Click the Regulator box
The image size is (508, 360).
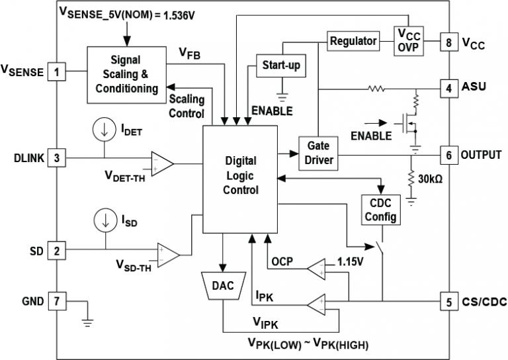(354, 41)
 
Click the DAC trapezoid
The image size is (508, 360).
(224, 287)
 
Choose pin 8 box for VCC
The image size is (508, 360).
(449, 43)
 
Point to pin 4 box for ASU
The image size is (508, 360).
(449, 87)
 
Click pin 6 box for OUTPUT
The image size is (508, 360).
(449, 155)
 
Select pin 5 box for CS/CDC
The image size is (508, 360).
(449, 302)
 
